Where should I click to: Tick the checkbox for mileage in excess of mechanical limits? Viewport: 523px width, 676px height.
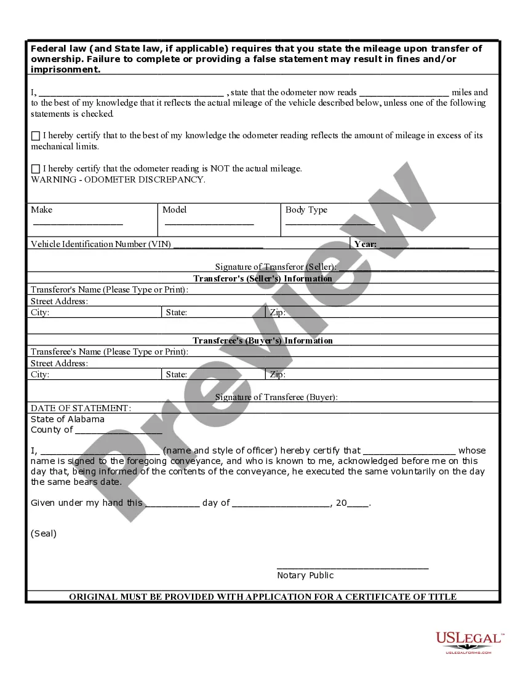[x=36, y=136]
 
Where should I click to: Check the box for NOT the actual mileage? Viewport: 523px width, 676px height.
[x=36, y=169]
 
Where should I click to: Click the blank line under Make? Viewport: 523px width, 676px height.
[x=77, y=224]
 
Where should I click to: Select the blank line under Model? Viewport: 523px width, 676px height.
[x=209, y=224]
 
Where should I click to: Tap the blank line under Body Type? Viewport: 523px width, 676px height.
[x=330, y=224]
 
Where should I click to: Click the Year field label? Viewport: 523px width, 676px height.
[x=365, y=244]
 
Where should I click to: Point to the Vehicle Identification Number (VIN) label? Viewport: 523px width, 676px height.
[x=101, y=244]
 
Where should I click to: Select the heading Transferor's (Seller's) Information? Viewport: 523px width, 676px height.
[x=263, y=278]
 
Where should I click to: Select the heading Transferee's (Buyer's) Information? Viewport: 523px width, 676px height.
[x=263, y=340]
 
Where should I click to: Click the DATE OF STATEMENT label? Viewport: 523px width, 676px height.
[x=81, y=408]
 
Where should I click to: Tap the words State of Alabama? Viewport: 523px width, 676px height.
[x=68, y=419]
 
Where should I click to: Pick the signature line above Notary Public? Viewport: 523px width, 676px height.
[x=353, y=567]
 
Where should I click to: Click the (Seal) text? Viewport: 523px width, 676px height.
[x=44, y=533]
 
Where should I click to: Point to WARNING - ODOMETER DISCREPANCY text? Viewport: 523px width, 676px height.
[x=118, y=180]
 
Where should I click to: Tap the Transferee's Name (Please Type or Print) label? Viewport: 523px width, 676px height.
[x=110, y=352]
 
